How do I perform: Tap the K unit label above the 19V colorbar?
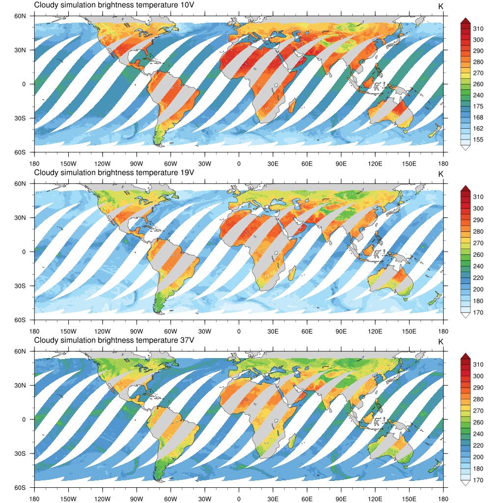(x=441, y=174)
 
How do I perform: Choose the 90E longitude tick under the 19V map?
(x=341, y=331)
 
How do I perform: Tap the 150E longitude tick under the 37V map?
(x=409, y=499)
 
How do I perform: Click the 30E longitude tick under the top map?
(x=273, y=164)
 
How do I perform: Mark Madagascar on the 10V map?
(x=291, y=105)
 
